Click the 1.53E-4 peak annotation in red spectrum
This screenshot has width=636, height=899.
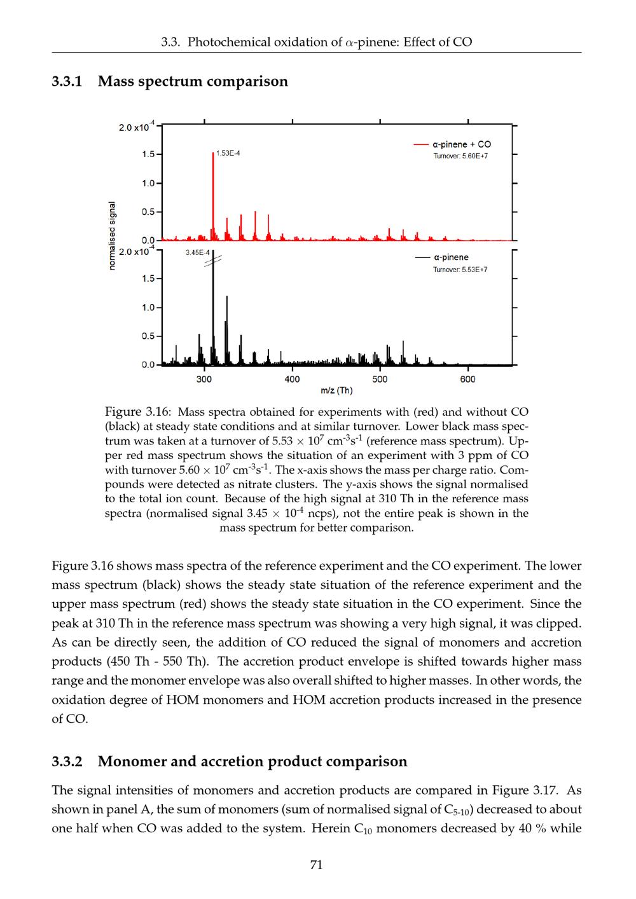pyautogui.click(x=228, y=153)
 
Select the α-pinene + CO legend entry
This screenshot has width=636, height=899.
pyautogui.click(x=452, y=144)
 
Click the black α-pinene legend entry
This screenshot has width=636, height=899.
pyautogui.click(x=443, y=257)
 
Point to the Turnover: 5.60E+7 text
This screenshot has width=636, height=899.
pyautogui.click(x=460, y=156)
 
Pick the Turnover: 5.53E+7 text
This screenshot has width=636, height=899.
pyautogui.click(x=460, y=270)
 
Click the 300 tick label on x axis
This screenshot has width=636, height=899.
pyautogui.click(x=204, y=380)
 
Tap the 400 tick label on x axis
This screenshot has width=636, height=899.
pyautogui.click(x=292, y=380)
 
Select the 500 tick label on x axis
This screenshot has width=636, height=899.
pyautogui.click(x=380, y=380)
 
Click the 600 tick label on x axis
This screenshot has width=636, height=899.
pyautogui.click(x=467, y=380)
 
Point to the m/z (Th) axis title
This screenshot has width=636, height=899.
pyautogui.click(x=336, y=390)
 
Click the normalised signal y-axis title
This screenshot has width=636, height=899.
pyautogui.click(x=113, y=235)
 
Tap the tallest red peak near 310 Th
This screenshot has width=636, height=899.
pyautogui.click(x=213, y=191)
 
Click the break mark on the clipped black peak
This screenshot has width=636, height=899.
pyautogui.click(x=213, y=259)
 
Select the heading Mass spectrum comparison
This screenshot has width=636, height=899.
pyautogui.click(x=193, y=81)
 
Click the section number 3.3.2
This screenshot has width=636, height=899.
pyautogui.click(x=67, y=761)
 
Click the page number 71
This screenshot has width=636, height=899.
pyautogui.click(x=316, y=865)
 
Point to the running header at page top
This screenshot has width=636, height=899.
pyautogui.click(x=316, y=43)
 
